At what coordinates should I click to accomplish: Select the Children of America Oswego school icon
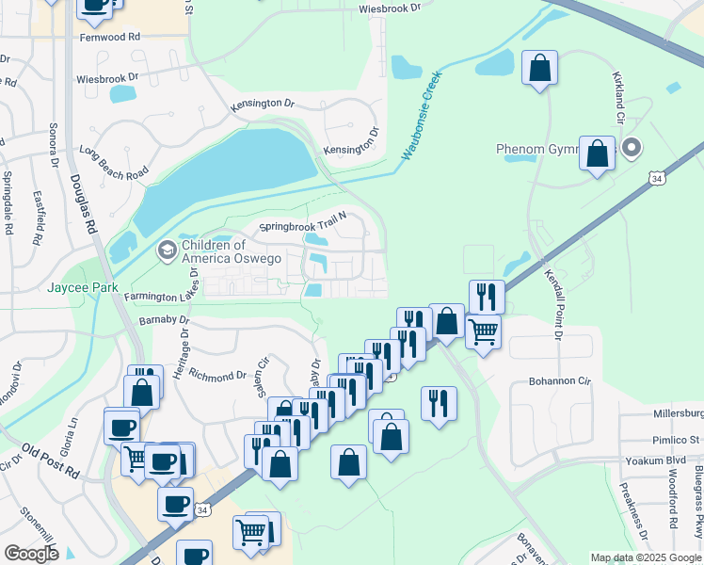tap(168, 250)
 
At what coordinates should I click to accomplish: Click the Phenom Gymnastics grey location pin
tap(632, 148)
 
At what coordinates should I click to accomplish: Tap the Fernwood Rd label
tap(110, 36)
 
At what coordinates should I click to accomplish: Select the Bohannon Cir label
tap(557, 381)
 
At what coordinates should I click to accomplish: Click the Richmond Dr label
tap(217, 375)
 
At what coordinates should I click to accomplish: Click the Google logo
tap(31, 554)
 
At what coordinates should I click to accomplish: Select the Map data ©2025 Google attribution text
tap(646, 557)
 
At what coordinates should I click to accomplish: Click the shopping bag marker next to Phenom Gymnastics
tap(598, 154)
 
